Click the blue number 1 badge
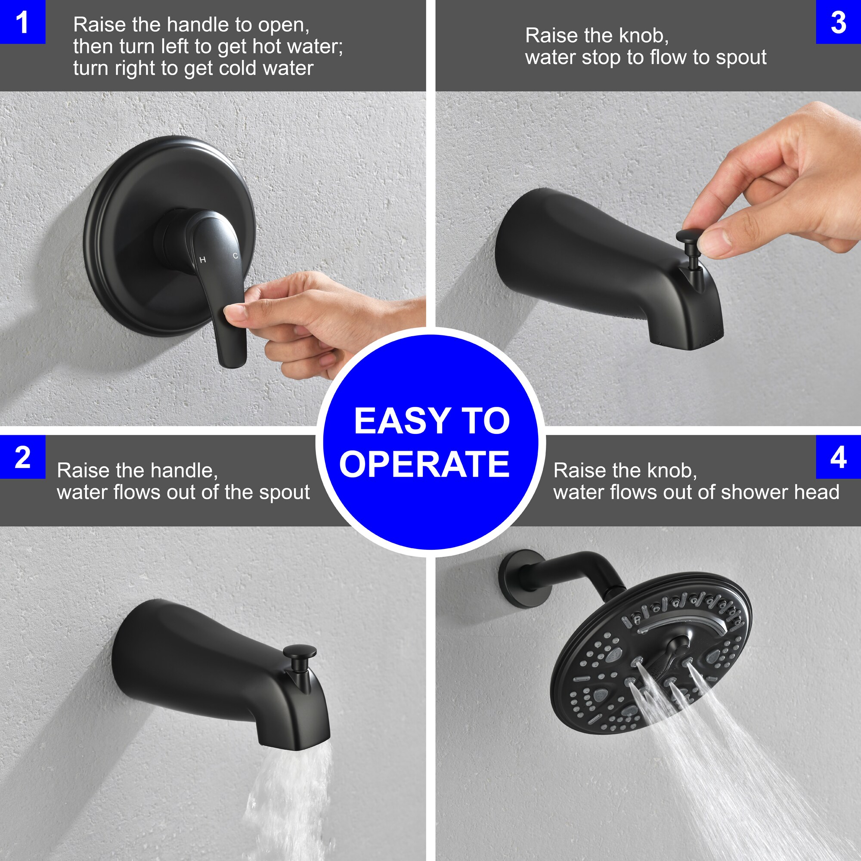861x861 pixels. pyautogui.click(x=22, y=22)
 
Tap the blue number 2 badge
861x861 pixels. pyautogui.click(x=22, y=457)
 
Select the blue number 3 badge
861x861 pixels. pyautogui.click(x=838, y=22)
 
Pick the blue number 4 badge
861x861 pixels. pyautogui.click(x=838, y=457)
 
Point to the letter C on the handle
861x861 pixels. pyautogui.click(x=235, y=256)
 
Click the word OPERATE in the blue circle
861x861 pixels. pyautogui.click(x=424, y=464)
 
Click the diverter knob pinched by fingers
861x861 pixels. pyautogui.click(x=688, y=236)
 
